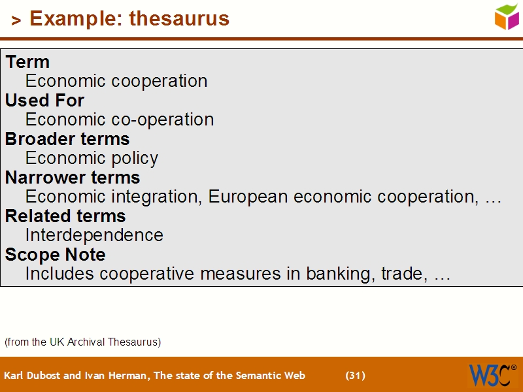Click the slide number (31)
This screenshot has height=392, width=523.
pos(355,376)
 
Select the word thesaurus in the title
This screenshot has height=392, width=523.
pos(179,18)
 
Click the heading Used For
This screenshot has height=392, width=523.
pos(44,101)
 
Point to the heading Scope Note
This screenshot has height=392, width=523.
pos(55,255)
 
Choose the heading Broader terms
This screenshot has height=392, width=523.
pos(67,139)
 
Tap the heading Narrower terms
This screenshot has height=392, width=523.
pos(73,178)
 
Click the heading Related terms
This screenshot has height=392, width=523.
pos(65,216)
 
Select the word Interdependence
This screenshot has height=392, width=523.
pos(94,235)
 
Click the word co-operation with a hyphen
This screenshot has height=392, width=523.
pos(163,120)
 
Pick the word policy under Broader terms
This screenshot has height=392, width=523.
pos(133,159)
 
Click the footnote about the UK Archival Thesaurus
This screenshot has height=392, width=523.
pos(82,342)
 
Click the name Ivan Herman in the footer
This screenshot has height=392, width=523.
pos(111,376)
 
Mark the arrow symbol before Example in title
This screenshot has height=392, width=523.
pos(16,21)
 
